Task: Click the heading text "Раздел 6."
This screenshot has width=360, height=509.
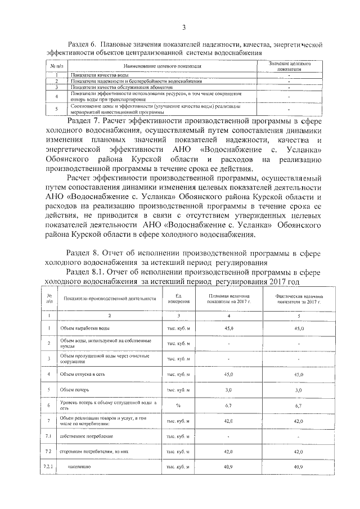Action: tap(83, 43)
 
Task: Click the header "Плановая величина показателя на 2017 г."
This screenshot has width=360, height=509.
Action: tap(228, 298)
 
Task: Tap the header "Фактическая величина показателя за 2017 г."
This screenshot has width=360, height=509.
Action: tap(298, 298)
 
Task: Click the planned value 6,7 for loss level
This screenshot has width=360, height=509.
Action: tap(228, 405)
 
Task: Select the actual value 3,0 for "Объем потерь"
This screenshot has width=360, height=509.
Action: tap(298, 389)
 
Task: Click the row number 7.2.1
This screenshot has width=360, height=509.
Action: tap(48, 467)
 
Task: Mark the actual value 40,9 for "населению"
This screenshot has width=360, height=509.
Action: tap(298, 467)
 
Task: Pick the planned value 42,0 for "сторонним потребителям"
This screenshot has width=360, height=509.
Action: tap(228, 452)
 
